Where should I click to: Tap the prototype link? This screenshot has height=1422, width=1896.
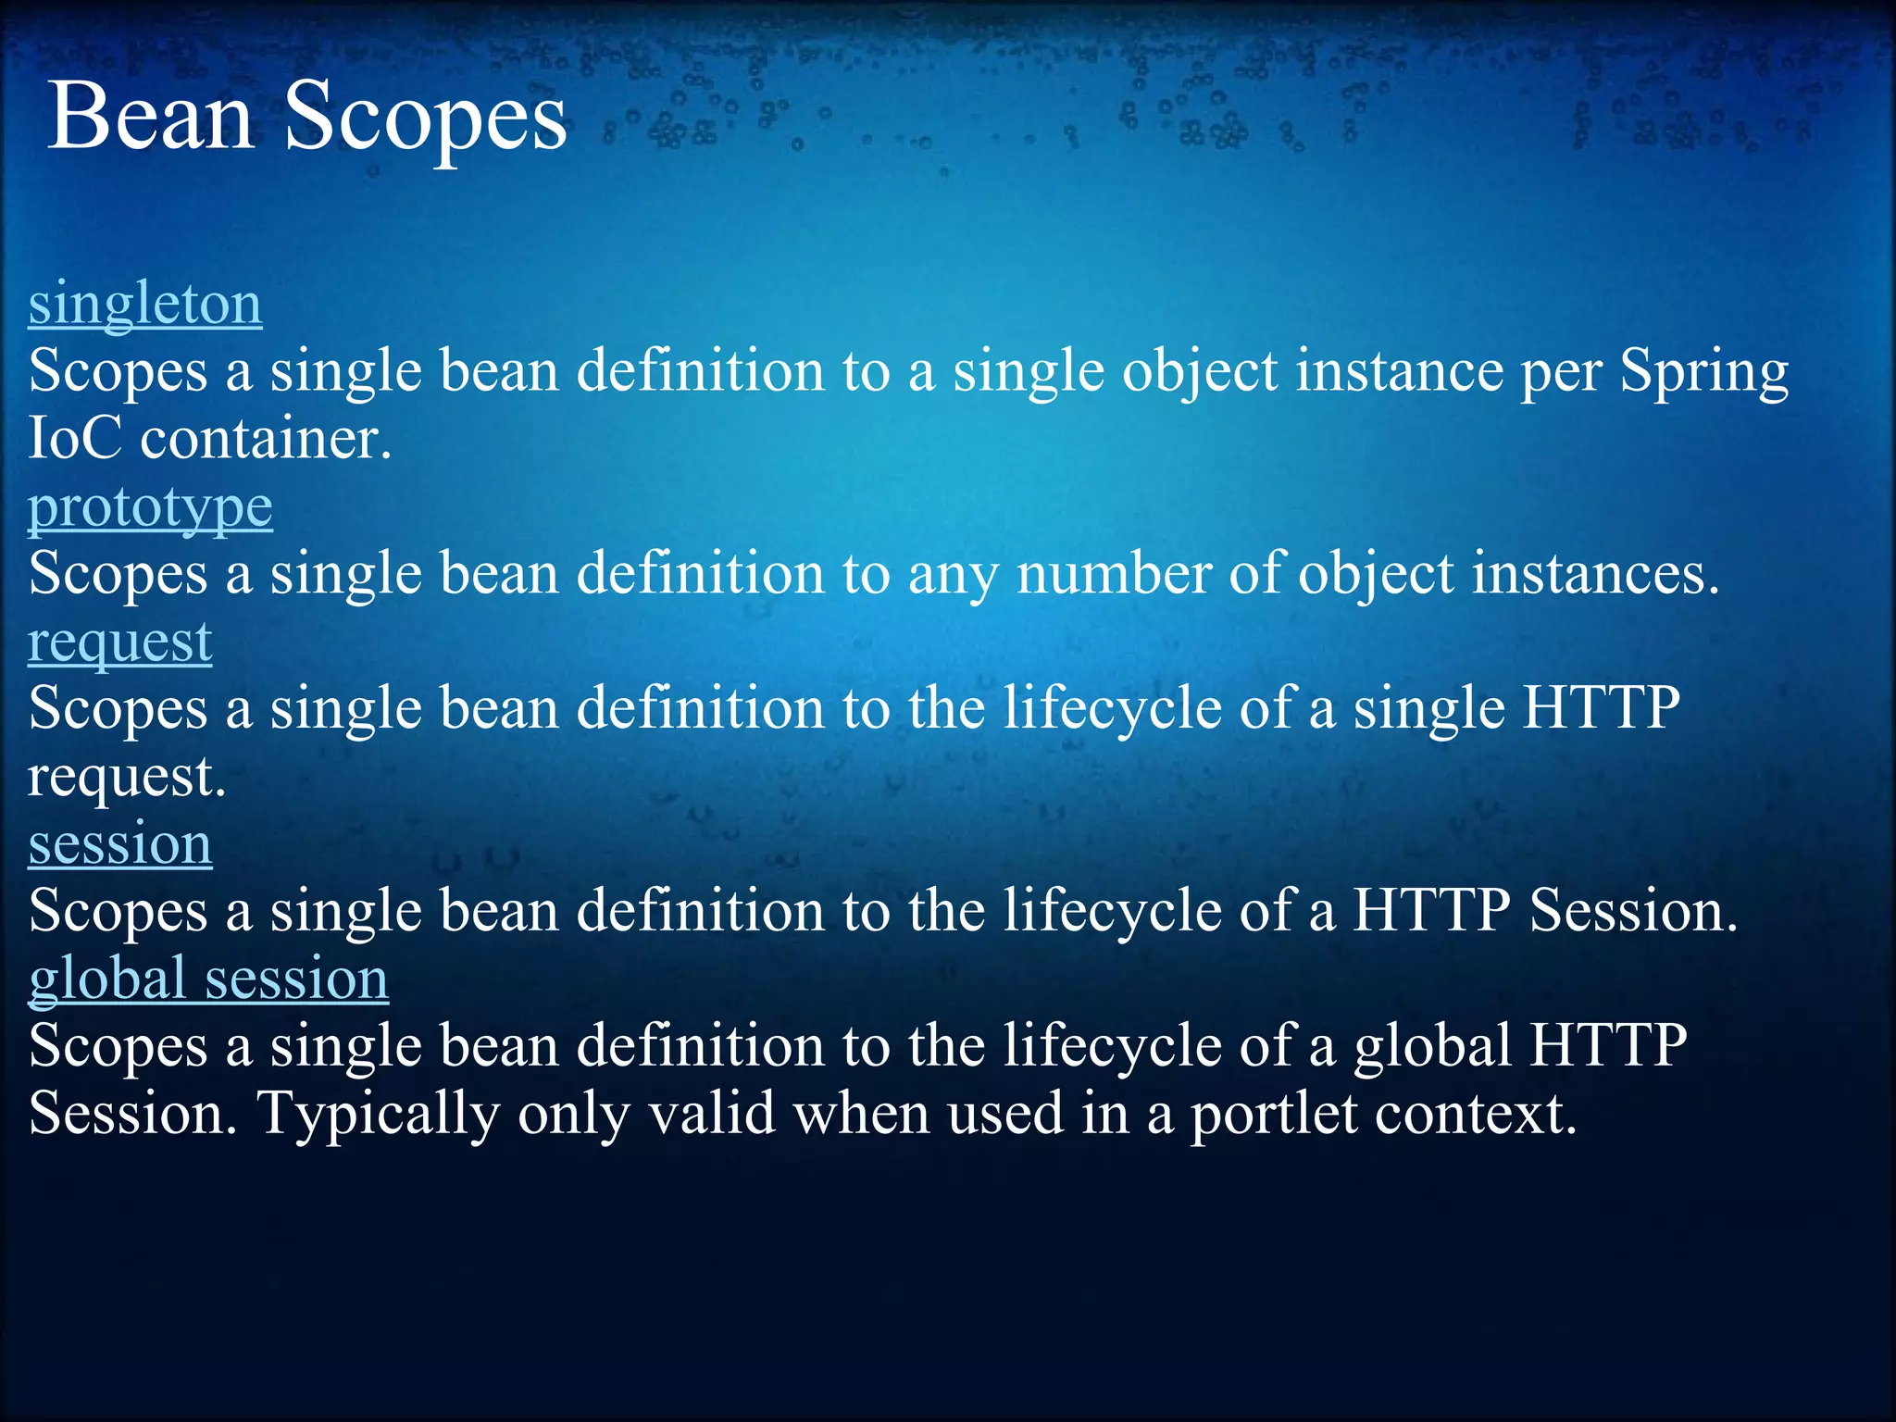[150, 507]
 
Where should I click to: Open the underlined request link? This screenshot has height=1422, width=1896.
[120, 642]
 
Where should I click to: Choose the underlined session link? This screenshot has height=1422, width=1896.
[120, 844]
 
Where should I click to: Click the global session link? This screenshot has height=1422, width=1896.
[208, 979]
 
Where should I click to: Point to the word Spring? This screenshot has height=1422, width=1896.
[1703, 372]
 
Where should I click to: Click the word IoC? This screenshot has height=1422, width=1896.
[74, 439]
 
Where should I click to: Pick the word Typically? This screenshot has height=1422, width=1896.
[380, 1115]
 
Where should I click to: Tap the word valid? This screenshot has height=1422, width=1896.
[711, 1115]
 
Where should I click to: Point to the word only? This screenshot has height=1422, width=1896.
[572, 1115]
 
